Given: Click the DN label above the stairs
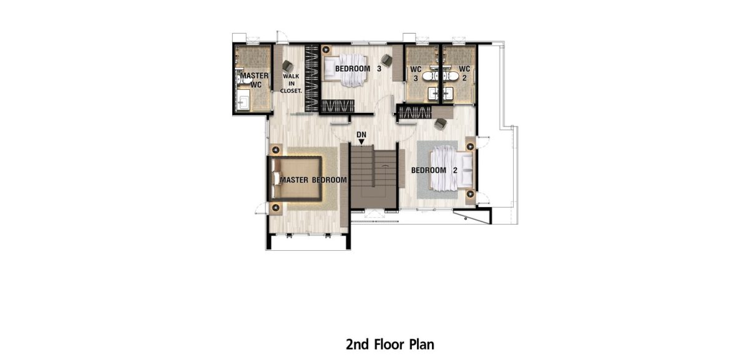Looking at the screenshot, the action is [361, 135].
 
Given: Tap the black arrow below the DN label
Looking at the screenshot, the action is [361, 142].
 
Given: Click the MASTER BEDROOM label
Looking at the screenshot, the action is [313, 180].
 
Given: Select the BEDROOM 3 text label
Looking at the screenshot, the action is [358, 69].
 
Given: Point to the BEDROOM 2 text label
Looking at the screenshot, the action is [434, 170].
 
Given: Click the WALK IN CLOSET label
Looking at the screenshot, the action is [291, 84].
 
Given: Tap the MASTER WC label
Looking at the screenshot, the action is [255, 80].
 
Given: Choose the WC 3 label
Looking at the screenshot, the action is [416, 74].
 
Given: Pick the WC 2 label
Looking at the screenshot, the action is [464, 74].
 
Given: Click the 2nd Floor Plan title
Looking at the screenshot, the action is [390, 344].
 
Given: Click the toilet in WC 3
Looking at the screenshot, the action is [429, 76].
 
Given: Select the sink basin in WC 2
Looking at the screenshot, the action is [448, 93].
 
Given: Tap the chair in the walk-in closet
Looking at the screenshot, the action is [288, 66].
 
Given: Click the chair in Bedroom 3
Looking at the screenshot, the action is [387, 60].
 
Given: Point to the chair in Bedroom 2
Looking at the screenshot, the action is [441, 124].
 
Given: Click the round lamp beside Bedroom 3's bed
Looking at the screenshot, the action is [326, 50].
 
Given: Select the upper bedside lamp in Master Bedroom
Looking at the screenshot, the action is [276, 150].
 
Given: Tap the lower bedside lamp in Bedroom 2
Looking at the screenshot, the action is [471, 194].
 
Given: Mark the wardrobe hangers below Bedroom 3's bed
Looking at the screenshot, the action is [338, 106].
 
